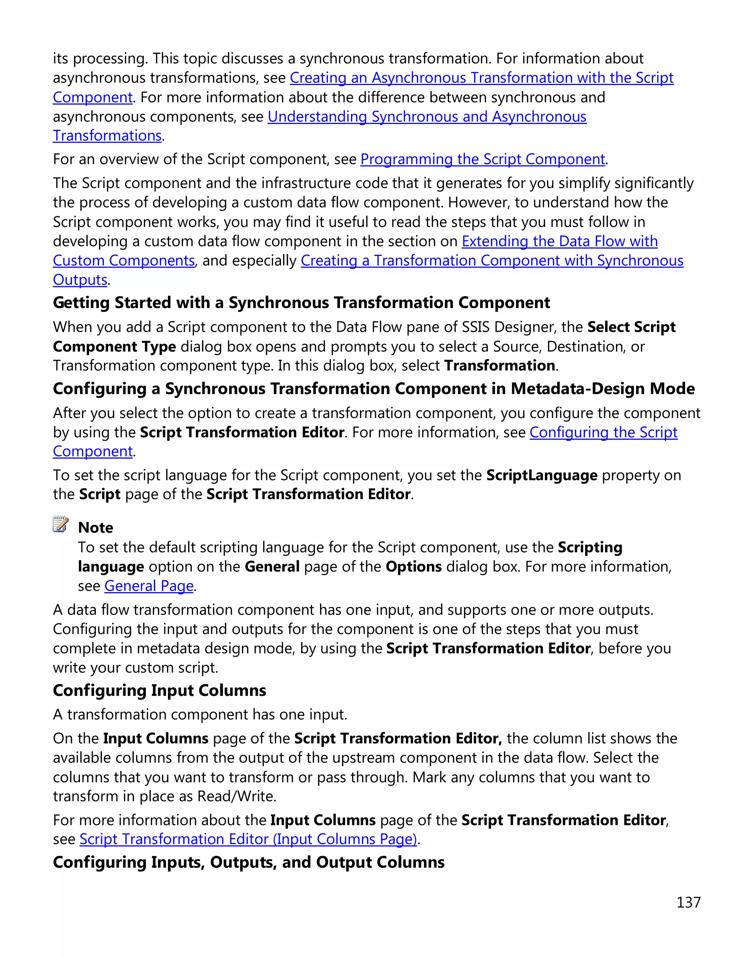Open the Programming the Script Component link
(482, 159)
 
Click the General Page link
(149, 586)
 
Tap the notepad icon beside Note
(61, 524)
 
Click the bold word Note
(95, 528)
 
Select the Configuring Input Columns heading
(159, 690)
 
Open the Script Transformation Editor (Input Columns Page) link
(248, 839)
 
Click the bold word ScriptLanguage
(541, 475)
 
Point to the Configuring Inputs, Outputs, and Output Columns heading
(248, 862)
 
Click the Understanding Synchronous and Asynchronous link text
(426, 117)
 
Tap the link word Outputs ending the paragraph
(80, 280)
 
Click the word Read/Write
(236, 796)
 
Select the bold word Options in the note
(413, 567)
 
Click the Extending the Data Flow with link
(559, 241)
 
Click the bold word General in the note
(272, 567)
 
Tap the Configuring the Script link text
(603, 433)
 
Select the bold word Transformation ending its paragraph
(499, 366)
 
